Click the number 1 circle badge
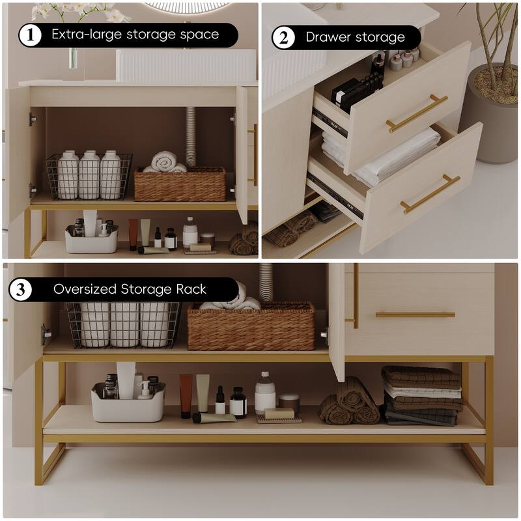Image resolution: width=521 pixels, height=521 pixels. click(30, 35)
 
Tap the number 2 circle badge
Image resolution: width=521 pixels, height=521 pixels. click(283, 37)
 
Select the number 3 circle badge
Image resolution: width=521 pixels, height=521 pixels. click(20, 289)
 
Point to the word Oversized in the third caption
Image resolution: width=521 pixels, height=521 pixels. click(84, 289)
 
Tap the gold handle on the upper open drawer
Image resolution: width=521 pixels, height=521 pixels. click(417, 113)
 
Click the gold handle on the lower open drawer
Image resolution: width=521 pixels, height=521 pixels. click(430, 194)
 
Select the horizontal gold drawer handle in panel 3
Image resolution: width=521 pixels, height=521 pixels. click(415, 315)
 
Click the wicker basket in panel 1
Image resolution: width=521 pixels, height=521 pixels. click(180, 184)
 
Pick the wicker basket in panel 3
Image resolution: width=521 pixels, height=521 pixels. click(251, 326)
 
